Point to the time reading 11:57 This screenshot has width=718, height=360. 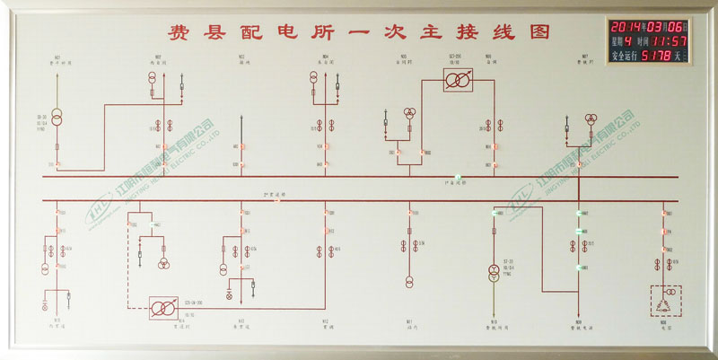pos(670,40)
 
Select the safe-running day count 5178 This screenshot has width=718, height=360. pos(658,56)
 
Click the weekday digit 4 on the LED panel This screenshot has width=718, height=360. pos(628,40)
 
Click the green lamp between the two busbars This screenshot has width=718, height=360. pos(457,176)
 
